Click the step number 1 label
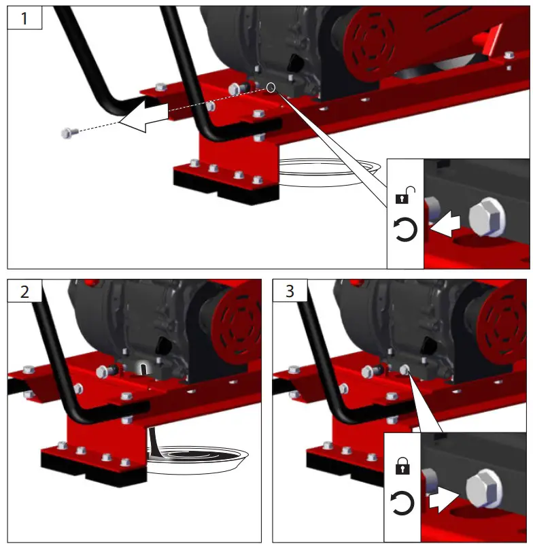(24, 18)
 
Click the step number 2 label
(24, 292)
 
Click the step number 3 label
(290, 292)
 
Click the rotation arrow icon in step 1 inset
(405, 231)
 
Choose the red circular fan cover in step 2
(238, 319)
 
